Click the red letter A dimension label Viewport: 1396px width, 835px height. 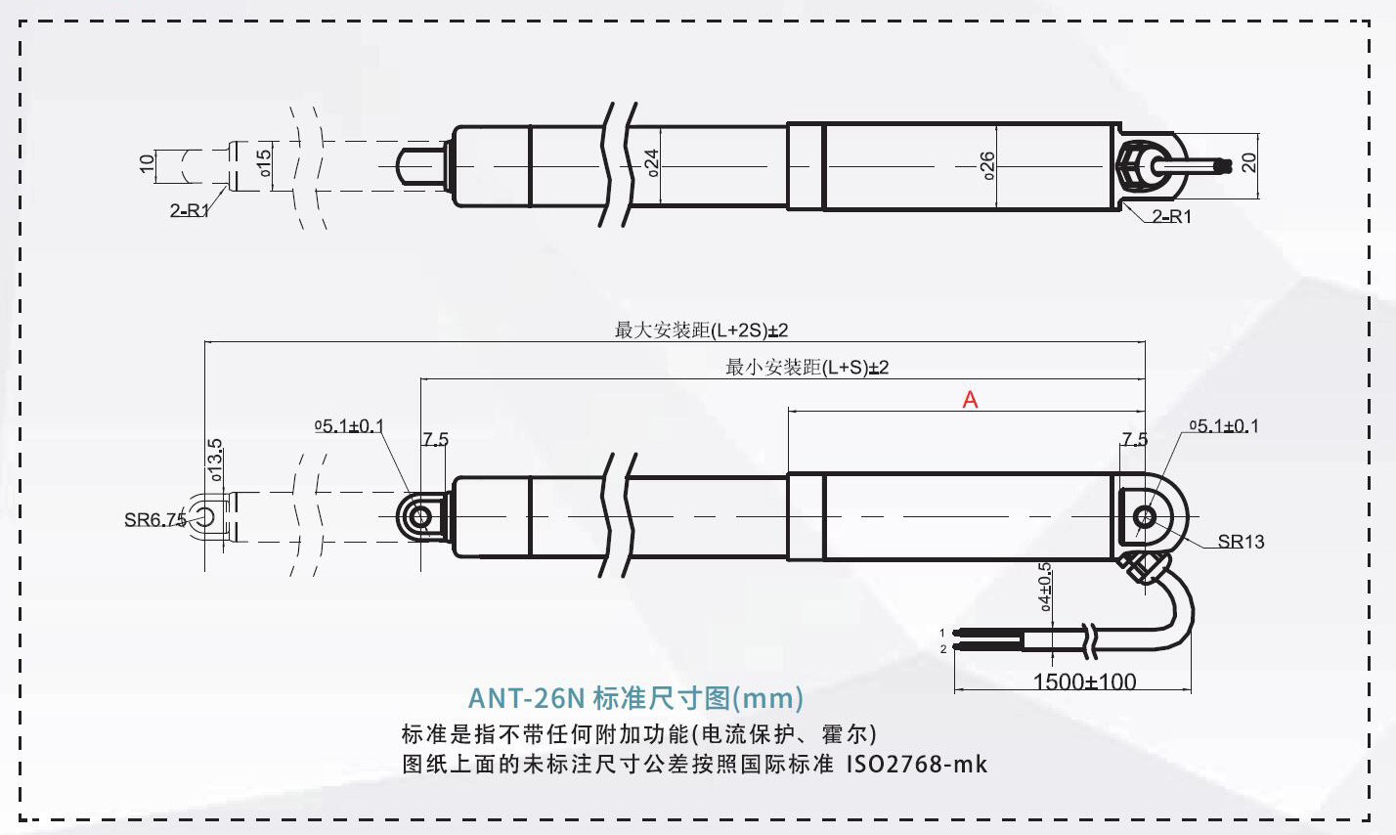coord(970,400)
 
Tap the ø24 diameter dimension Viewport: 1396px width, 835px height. coord(652,162)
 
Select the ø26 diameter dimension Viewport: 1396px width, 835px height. coord(987,166)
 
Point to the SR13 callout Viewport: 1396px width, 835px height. coord(1241,542)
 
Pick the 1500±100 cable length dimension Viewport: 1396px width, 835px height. coord(1084,681)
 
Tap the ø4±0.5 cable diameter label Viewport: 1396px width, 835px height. coord(1044,587)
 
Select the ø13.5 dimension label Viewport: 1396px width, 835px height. coord(214,460)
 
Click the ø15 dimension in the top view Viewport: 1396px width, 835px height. coord(264,163)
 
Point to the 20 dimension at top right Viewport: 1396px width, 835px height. coord(1249,163)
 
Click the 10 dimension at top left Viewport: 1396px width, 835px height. coord(147,164)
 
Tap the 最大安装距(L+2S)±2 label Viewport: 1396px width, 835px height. coord(701,330)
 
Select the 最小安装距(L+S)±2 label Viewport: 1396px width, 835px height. coord(807,368)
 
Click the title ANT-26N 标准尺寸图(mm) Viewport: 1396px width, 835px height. coord(635,698)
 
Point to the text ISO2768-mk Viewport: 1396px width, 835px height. coord(916,765)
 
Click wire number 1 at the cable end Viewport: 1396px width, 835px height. coord(943,634)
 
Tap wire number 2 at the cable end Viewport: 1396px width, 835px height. coord(943,649)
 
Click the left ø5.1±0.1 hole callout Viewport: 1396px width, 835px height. coord(349,426)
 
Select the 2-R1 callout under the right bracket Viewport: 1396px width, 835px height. coord(1171,217)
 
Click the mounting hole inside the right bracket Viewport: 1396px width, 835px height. coord(1144,516)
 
